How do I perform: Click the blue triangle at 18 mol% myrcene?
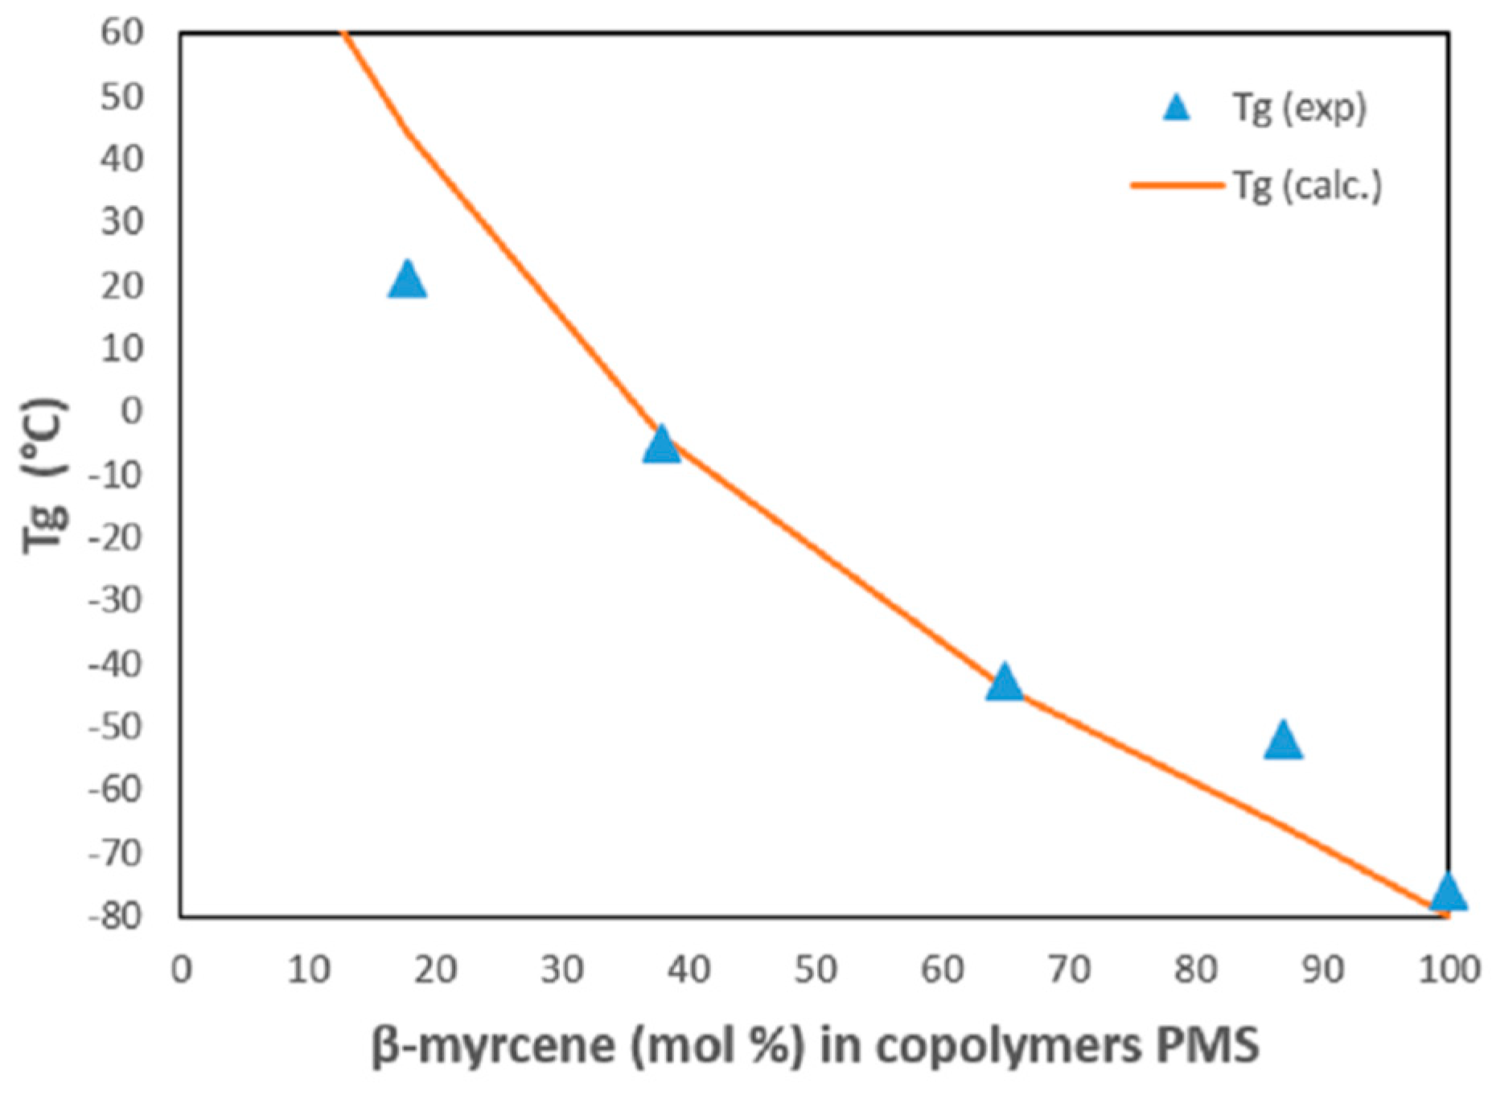(407, 281)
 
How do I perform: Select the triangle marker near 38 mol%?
(661, 446)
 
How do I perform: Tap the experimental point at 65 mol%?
(1004, 683)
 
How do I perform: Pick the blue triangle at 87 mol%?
(1283, 742)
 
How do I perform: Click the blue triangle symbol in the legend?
(1176, 108)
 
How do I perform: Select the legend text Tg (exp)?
(1299, 108)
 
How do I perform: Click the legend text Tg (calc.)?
(1307, 186)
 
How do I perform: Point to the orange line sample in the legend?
(1176, 185)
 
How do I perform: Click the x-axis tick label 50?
(816, 969)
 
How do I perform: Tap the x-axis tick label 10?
(309, 969)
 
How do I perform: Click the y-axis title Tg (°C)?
(45, 475)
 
